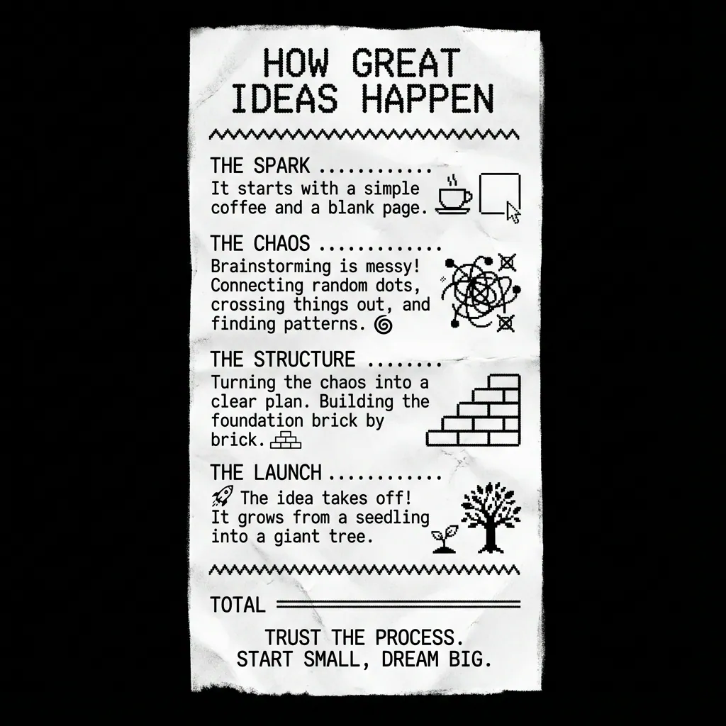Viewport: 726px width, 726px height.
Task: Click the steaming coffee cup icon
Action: [x=454, y=196]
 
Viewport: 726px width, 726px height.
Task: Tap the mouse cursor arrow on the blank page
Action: [x=513, y=213]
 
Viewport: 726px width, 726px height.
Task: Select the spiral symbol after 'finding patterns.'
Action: [x=384, y=325]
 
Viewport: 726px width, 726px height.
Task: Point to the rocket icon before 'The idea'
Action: [x=223, y=496]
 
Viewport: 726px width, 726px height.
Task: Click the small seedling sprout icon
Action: [x=445, y=539]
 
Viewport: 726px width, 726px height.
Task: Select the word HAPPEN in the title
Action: [x=428, y=99]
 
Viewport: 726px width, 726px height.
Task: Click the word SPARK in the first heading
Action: [x=281, y=166]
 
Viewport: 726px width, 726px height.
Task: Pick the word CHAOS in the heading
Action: [x=281, y=244]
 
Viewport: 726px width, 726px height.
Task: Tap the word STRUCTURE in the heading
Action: [x=304, y=359]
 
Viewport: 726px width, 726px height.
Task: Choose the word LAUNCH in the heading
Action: [x=288, y=473]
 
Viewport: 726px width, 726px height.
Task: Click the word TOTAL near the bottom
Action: [x=238, y=605]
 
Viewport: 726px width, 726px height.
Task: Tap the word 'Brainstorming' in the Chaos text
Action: [x=271, y=267]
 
